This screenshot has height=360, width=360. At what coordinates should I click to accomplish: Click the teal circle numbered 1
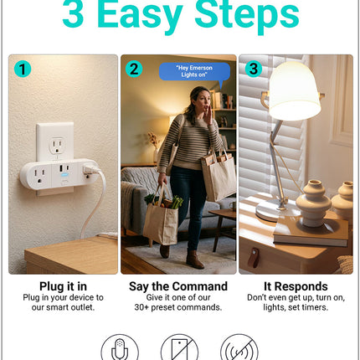[x=23, y=69]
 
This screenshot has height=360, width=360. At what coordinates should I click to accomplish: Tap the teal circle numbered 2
[x=134, y=69]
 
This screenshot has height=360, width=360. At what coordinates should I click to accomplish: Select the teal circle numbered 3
[x=254, y=69]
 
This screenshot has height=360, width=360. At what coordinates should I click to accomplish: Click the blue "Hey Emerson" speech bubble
[x=194, y=72]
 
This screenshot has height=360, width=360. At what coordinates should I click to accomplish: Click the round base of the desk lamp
[x=276, y=211]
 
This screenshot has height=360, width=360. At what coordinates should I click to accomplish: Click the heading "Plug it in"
[x=63, y=286]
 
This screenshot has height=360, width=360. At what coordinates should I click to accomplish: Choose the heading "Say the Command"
[x=178, y=286]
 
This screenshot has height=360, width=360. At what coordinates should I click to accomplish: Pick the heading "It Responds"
[x=296, y=286]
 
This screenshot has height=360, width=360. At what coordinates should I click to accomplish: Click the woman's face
[x=203, y=101]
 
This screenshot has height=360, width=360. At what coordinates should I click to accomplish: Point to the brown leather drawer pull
[x=254, y=258]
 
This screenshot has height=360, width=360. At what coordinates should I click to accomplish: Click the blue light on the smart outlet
[x=64, y=174]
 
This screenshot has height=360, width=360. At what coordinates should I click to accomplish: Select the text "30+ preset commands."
[x=178, y=307]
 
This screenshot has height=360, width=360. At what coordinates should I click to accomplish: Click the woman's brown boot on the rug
[x=194, y=260]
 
